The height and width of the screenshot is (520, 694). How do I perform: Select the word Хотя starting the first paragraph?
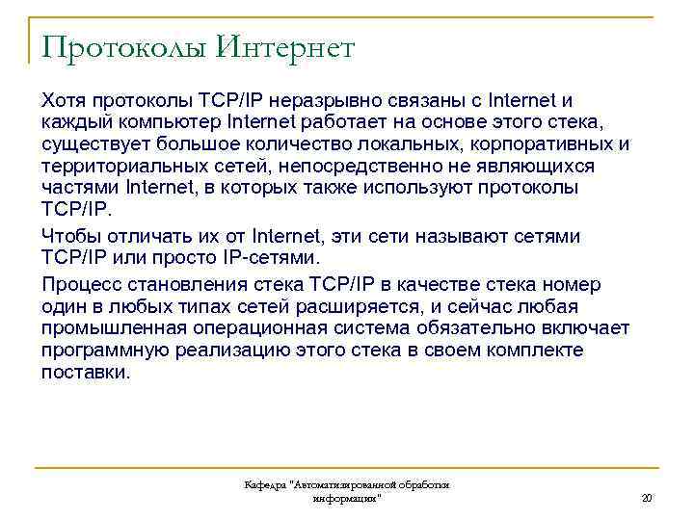tap(64, 100)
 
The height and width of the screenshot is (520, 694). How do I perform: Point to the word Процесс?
tap(80, 285)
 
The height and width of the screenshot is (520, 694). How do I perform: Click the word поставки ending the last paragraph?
tap(84, 373)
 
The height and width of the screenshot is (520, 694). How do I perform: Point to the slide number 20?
tap(647, 498)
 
